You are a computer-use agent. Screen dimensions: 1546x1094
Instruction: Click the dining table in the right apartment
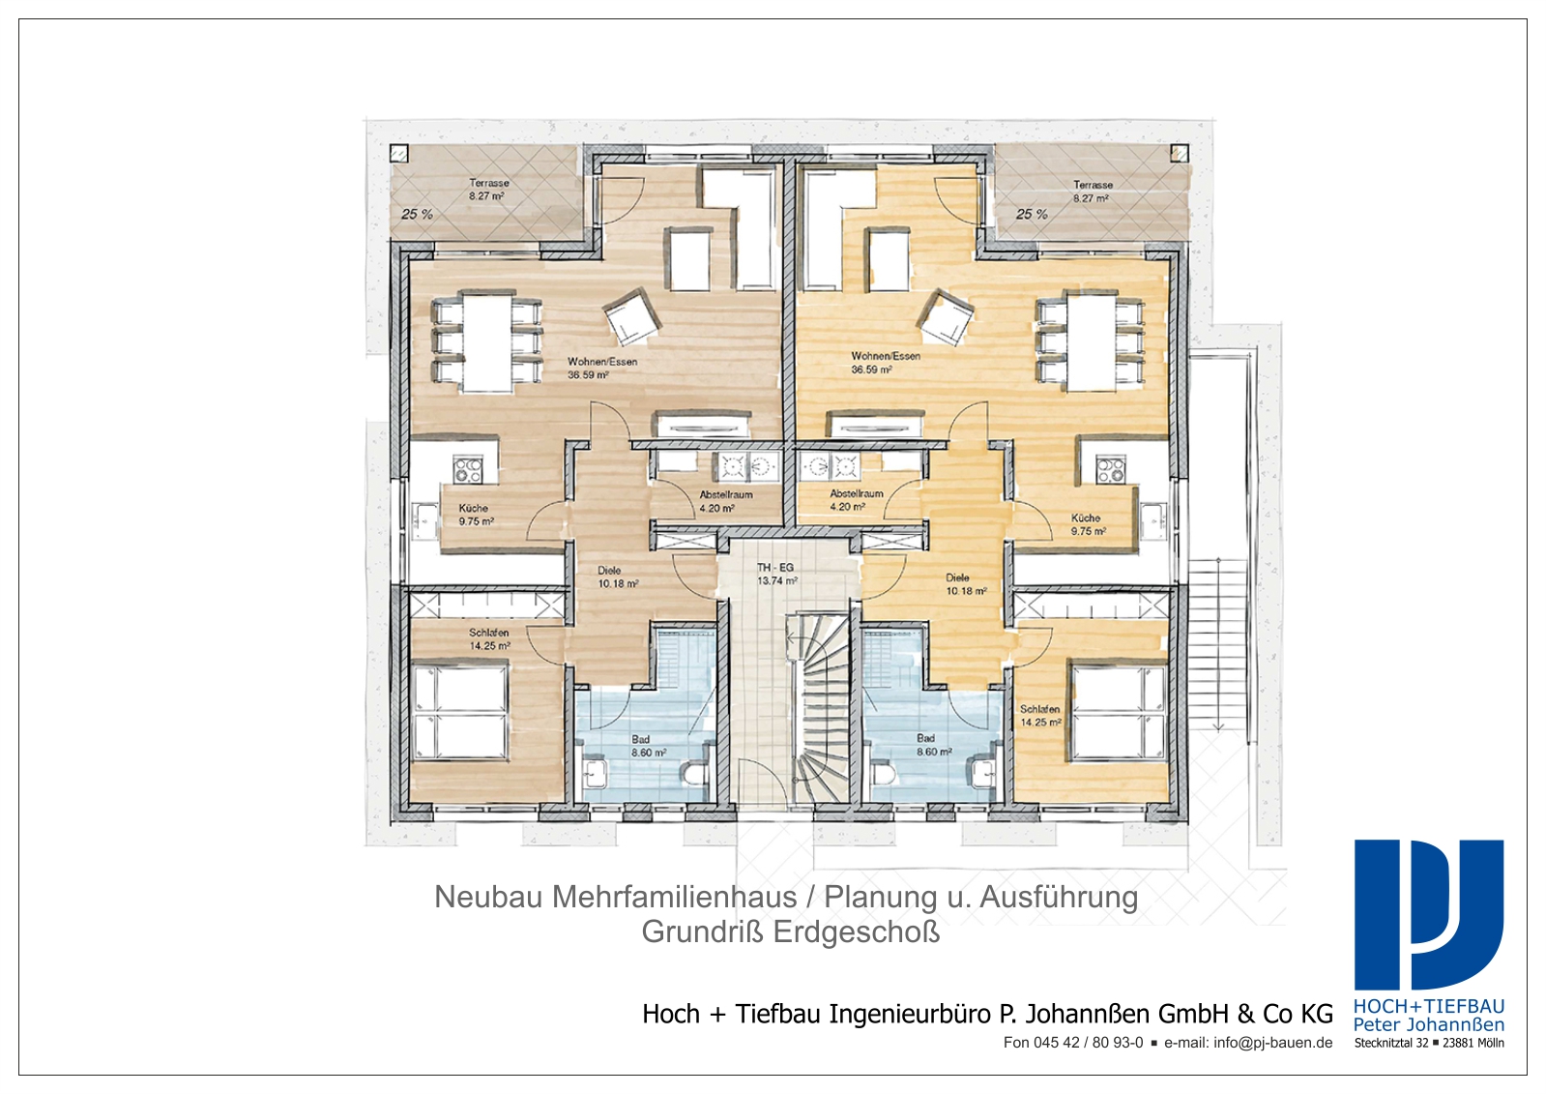click(1092, 341)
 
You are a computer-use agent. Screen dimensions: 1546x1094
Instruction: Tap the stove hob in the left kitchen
click(467, 470)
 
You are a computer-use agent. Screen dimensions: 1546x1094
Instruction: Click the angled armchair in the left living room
click(631, 317)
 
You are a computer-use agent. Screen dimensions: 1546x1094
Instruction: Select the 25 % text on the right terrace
click(1032, 215)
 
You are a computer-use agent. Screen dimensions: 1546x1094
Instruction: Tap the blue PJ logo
click(1429, 916)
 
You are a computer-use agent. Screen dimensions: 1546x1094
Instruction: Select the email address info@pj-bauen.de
click(1272, 1043)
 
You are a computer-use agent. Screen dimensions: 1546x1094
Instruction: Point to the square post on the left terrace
click(399, 154)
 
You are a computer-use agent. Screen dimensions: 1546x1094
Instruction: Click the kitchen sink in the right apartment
click(1152, 520)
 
